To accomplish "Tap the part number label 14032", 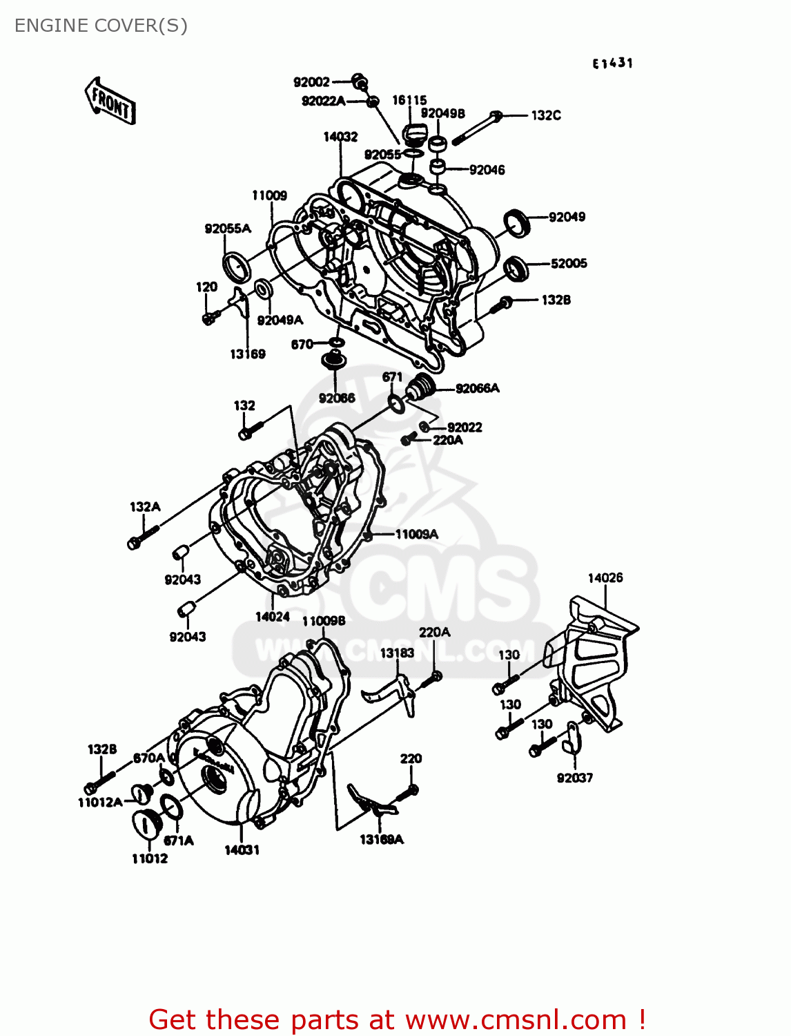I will click(x=340, y=137).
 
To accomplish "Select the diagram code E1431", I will click(x=612, y=64).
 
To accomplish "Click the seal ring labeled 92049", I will click(x=516, y=222).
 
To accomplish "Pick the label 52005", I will click(x=569, y=263).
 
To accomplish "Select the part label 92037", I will click(x=574, y=778).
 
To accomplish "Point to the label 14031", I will click(x=242, y=850).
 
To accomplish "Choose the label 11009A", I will click(x=416, y=534).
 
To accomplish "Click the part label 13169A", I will click(x=381, y=839).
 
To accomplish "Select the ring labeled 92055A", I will click(x=235, y=266).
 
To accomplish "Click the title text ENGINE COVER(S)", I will click(x=101, y=26).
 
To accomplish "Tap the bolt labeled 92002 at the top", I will click(x=360, y=81).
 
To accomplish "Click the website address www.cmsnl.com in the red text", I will click(x=516, y=1019).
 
